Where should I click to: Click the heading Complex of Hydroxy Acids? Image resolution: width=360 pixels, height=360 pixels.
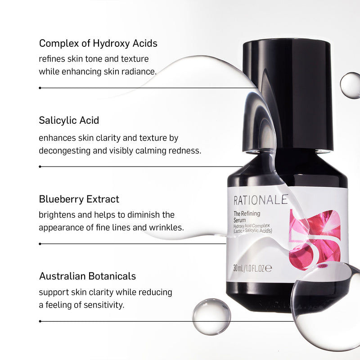98,43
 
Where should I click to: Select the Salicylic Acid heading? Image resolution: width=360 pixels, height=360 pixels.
69,121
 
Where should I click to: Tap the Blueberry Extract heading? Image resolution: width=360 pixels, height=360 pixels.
79,199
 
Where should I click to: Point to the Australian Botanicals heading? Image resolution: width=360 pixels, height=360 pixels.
87,276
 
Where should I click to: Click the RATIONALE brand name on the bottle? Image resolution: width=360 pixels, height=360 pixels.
261,200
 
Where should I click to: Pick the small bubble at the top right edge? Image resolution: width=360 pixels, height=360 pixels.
350,85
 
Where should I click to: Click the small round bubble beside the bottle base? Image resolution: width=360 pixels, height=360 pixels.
211,316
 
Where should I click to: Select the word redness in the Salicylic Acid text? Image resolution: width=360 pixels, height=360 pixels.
184,150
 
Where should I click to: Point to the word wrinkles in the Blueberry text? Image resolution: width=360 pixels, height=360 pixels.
166,227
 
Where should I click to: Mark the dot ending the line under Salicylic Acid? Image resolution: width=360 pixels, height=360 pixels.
40,166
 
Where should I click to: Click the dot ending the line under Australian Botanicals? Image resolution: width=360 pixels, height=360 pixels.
40,321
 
